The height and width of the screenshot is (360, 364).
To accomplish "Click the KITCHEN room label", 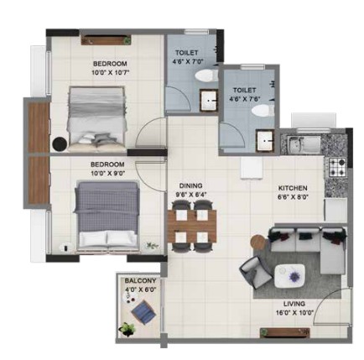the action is tap(293, 188).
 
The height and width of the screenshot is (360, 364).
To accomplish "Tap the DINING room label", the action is tap(190, 185).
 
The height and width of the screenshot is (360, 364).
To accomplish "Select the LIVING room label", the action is tap(294, 304).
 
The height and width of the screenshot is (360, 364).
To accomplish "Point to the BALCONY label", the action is tap(140, 280).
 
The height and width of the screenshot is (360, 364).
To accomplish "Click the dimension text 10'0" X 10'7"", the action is tap(112, 73).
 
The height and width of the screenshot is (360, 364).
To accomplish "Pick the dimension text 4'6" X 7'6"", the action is tap(245, 99).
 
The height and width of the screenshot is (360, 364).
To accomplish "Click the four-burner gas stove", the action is tap(337, 167).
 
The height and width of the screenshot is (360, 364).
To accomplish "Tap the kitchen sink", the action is tap(304, 144).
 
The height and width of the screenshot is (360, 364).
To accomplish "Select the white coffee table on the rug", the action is tap(289, 276).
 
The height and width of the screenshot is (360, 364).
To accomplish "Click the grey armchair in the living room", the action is tap(255, 273).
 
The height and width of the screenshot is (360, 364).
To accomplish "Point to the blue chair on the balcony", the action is tap(143, 311).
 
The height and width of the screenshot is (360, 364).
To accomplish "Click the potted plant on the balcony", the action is tap(127, 329).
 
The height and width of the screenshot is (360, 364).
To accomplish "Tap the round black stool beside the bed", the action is tap(60, 143).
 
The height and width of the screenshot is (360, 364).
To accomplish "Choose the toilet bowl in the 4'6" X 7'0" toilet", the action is tap(206, 76).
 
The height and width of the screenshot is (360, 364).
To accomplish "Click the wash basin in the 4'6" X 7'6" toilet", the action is tap(264, 140).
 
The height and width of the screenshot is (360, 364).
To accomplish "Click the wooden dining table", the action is tap(192, 226).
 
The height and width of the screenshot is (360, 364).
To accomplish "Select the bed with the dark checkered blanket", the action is tap(107, 216).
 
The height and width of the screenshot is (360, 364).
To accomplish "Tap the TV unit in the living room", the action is tap(285, 332).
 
